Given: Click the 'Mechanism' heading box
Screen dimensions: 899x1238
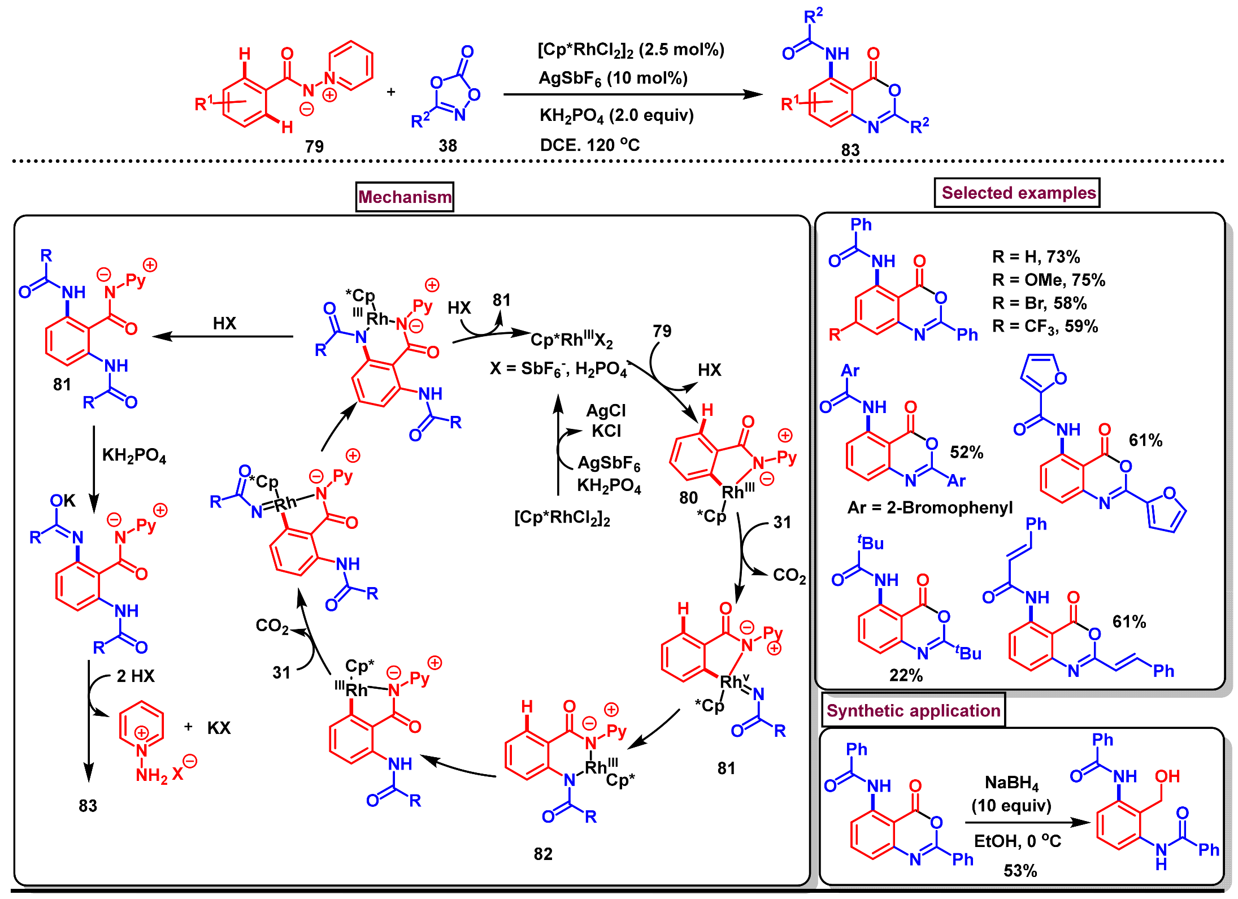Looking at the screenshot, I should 405,197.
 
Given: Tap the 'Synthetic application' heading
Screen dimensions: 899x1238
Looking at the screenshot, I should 913,710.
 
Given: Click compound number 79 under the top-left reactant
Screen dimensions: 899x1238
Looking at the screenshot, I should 314,146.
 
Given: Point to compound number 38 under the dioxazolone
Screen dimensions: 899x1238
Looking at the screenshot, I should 448,146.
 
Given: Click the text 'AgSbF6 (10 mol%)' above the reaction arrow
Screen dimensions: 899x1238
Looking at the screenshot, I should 613,78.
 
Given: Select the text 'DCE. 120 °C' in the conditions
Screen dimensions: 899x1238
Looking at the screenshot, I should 590,145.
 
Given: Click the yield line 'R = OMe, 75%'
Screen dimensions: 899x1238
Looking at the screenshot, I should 1049,280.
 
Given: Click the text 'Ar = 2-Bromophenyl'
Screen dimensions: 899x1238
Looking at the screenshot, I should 930,507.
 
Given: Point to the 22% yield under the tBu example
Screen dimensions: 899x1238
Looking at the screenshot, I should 906,675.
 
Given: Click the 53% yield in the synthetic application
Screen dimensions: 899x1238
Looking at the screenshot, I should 1020,871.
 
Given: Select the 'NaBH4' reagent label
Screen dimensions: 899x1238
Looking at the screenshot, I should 1012,783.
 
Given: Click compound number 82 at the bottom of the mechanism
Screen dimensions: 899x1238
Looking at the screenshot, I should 543,854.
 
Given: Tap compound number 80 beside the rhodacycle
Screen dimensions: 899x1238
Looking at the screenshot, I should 688,498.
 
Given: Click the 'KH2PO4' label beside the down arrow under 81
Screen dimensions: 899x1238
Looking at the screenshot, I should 134,455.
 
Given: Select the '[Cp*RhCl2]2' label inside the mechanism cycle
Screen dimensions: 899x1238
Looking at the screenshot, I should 562,518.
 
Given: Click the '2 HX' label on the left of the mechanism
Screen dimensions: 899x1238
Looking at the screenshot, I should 136,676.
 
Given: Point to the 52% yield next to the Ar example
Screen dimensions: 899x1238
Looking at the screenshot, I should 966,452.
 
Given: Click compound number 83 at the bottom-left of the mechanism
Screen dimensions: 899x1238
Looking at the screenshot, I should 88,806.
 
